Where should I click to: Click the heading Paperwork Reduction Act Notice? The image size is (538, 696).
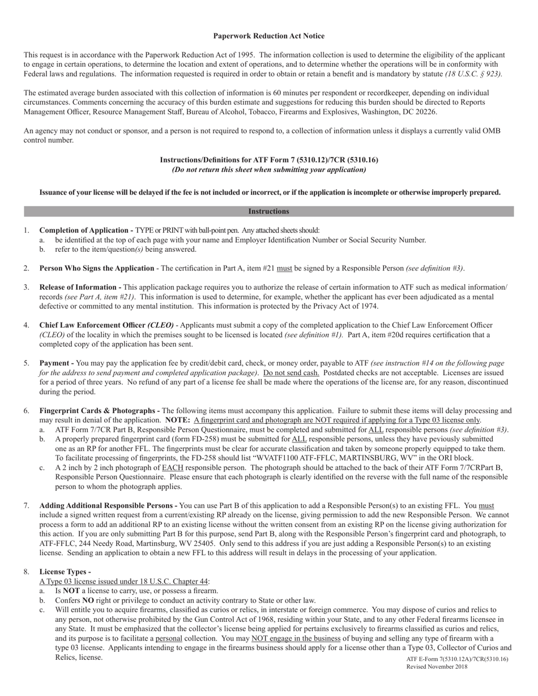pos(268,36)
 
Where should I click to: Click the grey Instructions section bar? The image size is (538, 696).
pos(268,212)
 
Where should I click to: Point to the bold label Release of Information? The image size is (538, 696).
pos(79,287)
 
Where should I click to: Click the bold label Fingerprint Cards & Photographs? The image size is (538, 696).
pos(99,411)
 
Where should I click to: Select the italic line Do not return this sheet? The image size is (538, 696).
pos(268,170)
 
